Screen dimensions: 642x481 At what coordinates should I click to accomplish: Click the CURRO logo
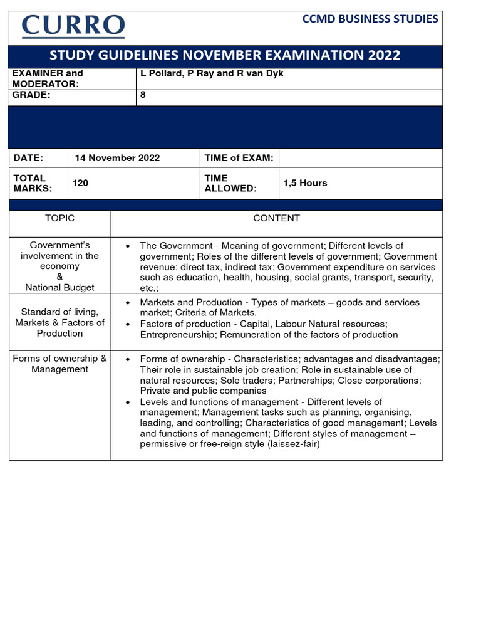[73, 26]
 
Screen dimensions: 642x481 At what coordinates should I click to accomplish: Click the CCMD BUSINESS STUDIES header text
[370, 19]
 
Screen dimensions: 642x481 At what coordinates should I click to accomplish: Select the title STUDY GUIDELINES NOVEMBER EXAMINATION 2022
[225, 55]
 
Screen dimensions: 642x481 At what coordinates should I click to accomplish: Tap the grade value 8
[143, 96]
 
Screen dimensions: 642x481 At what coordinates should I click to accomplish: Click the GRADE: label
[31, 95]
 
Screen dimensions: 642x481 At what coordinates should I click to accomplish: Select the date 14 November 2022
[117, 158]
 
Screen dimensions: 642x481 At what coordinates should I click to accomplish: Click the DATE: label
[29, 158]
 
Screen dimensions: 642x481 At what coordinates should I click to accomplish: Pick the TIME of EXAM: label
[239, 158]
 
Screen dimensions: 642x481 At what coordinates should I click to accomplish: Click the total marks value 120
[80, 183]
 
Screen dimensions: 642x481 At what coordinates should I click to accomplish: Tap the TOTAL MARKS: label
[31, 183]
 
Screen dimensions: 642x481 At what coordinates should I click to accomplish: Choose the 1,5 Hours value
[305, 183]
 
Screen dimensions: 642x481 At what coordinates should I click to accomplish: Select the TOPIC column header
[59, 218]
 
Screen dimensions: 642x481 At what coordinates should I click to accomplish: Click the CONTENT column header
[276, 218]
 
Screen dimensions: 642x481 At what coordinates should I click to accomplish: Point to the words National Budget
[59, 287]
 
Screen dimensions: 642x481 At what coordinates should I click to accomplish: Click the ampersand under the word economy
[59, 276]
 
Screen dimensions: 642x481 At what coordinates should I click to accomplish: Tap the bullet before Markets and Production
[128, 303]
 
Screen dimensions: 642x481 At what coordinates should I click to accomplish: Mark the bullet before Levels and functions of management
[128, 402]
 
